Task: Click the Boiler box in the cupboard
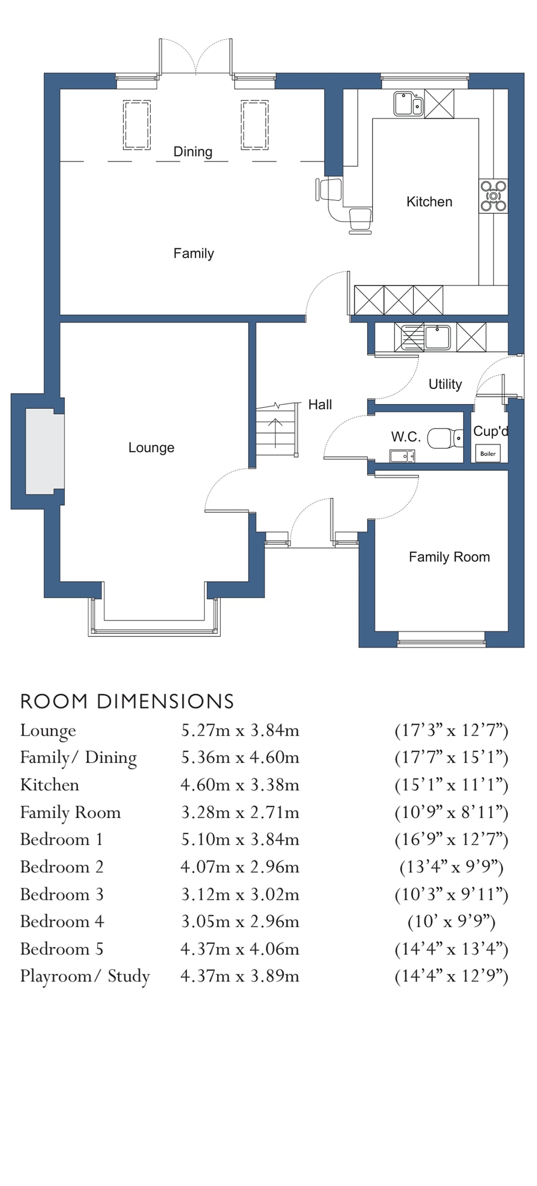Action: [488, 453]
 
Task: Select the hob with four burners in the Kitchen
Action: [493, 196]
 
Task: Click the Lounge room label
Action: [151, 448]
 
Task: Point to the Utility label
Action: [445, 384]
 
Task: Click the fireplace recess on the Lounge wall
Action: [44, 451]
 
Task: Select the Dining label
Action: [193, 152]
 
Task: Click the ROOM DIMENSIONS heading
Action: [127, 701]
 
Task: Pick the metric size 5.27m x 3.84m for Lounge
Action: [240, 730]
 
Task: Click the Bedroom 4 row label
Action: [62, 921]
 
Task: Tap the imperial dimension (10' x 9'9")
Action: [451, 921]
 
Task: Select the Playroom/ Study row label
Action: [85, 976]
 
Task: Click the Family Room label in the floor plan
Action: [449, 557]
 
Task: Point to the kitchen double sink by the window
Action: [408, 104]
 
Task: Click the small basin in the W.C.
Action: [402, 455]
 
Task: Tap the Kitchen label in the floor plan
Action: [429, 202]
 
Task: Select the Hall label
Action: [320, 405]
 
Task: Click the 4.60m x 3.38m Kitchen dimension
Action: [240, 785]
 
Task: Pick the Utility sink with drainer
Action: [423, 337]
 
